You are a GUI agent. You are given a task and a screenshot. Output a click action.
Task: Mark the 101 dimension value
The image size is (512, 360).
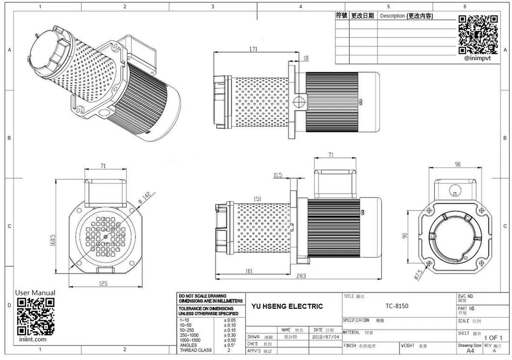click(x=249, y=271)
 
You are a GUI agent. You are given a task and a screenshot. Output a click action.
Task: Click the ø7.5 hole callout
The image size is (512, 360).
click(x=418, y=274)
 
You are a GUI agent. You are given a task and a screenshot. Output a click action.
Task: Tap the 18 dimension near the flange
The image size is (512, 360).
click(x=306, y=58)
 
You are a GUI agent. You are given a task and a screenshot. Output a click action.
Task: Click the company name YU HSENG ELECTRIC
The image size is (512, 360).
click(x=287, y=306)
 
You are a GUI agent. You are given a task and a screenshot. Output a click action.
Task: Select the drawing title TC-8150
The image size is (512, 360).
click(x=397, y=307)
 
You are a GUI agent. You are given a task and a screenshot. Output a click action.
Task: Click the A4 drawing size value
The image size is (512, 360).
click(x=470, y=351)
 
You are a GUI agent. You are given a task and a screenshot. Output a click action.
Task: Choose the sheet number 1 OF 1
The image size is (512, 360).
click(x=493, y=338)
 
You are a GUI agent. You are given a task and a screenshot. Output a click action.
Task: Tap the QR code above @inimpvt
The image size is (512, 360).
click(x=478, y=35)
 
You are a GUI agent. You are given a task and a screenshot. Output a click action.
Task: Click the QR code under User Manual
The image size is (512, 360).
click(x=36, y=316)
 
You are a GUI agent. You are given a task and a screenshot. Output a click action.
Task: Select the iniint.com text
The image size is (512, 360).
click(x=31, y=339)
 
